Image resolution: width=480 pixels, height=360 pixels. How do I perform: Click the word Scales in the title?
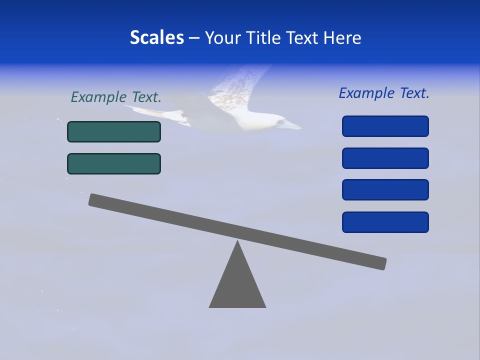point(156,37)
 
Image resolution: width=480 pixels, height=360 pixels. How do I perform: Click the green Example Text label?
point(116,97)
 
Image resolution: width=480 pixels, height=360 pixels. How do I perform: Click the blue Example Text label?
point(384,93)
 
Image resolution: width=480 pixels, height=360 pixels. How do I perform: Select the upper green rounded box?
point(114,131)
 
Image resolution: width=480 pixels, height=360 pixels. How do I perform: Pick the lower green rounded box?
point(114,163)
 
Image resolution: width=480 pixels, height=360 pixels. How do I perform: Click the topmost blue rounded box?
point(385,126)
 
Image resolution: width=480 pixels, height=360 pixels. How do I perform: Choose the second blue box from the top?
point(385,158)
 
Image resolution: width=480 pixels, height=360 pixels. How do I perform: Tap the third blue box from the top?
point(385,189)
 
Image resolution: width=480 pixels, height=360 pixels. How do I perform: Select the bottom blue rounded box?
point(385,222)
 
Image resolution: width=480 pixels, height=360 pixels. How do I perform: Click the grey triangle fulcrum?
point(237,285)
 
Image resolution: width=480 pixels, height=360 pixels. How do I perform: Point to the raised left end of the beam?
point(95,200)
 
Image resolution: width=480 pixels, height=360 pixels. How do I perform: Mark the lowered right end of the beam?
point(380,263)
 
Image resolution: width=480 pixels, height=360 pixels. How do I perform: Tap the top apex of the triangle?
point(237,242)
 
